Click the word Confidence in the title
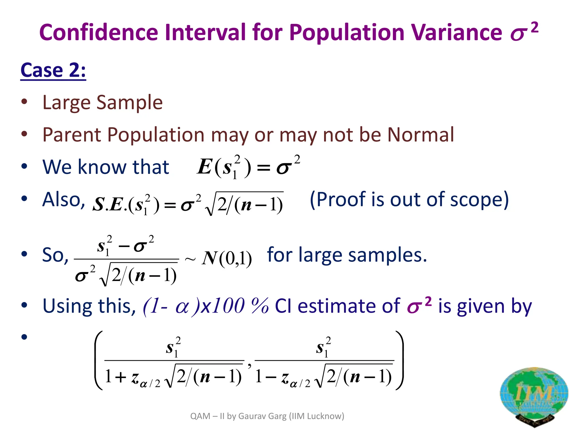(x=98, y=32)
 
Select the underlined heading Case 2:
(x=53, y=70)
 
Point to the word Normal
(x=421, y=135)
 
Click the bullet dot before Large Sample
(x=24, y=102)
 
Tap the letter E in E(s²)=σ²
(x=204, y=167)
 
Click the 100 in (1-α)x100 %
(x=229, y=306)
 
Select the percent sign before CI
(x=260, y=306)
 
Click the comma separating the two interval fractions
(x=249, y=366)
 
